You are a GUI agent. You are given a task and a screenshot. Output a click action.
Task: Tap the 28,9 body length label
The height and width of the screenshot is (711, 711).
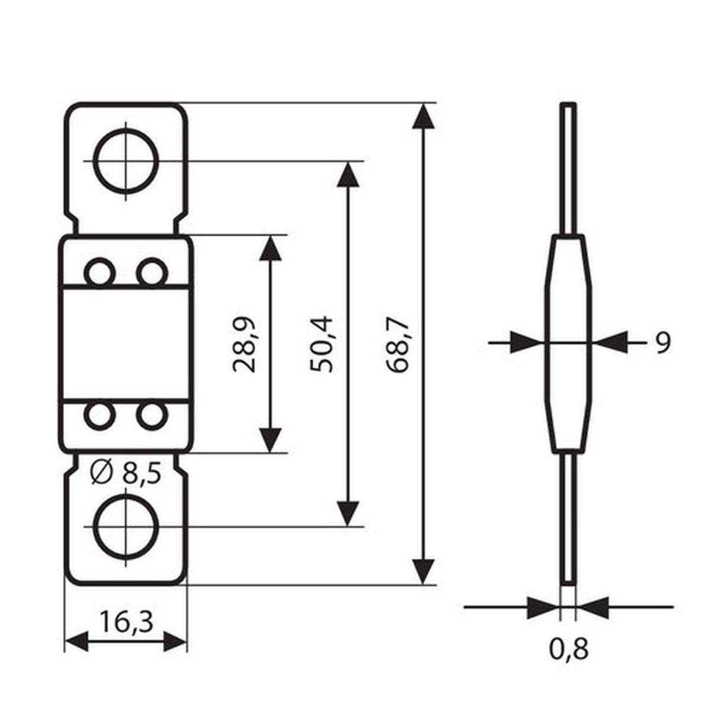(245, 344)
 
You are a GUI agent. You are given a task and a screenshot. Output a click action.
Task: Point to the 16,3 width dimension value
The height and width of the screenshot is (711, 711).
(126, 622)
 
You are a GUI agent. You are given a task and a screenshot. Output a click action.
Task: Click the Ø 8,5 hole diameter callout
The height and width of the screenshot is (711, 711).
(126, 473)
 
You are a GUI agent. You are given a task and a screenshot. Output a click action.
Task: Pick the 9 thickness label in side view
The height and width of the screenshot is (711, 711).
(663, 342)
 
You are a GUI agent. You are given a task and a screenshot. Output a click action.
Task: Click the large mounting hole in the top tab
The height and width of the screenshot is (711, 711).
(126, 161)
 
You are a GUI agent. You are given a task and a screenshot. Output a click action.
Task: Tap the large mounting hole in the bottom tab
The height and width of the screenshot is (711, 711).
(126, 526)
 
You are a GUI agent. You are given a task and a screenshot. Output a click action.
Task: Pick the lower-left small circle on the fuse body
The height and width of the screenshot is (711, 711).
(99, 415)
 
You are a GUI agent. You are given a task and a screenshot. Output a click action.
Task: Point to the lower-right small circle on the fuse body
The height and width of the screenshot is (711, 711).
(152, 415)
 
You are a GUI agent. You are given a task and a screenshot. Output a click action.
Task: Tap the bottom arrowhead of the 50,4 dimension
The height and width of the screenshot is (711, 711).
(348, 513)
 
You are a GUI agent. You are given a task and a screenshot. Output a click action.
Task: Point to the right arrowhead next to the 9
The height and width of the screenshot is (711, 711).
(610, 342)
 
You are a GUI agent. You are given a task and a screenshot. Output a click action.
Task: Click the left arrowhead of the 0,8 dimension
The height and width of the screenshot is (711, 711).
(543, 607)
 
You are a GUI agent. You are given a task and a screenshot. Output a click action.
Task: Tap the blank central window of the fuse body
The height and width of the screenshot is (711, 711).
(126, 344)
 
